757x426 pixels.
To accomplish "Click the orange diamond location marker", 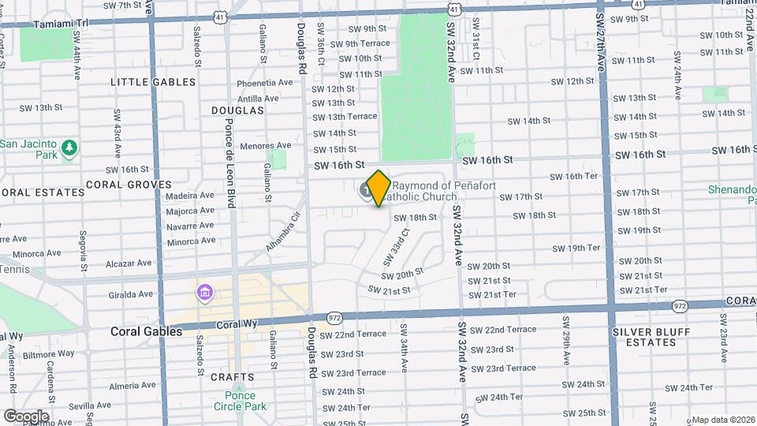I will pos(378,189).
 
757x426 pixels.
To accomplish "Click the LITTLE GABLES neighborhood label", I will pos(153,82).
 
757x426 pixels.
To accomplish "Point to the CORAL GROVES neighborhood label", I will pos(129,185).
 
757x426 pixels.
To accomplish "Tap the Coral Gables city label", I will pos(146,331).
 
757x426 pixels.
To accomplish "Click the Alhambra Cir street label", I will pos(284,229).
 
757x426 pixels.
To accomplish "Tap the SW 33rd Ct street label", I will pos(397,247).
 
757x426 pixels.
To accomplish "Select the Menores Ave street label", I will pos(266,146).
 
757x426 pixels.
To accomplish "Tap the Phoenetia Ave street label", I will pos(265,83).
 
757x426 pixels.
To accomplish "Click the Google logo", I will pos(25,417).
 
